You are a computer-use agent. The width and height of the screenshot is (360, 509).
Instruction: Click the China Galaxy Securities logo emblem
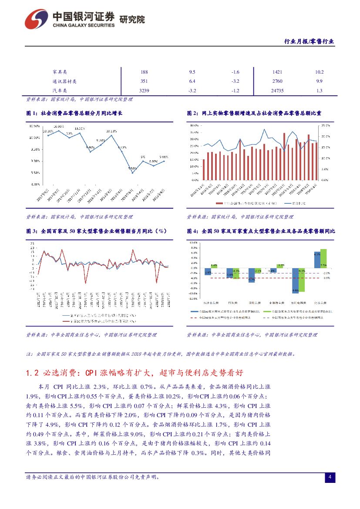pyautogui.click(x=36, y=19)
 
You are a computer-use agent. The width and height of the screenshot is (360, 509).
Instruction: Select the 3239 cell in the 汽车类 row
pyautogui.click(x=144, y=91)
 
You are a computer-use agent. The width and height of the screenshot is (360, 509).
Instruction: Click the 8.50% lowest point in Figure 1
pyautogui.click(x=132, y=173)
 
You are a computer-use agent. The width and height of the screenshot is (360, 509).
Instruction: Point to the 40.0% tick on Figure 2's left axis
pyautogui.click(x=194, y=125)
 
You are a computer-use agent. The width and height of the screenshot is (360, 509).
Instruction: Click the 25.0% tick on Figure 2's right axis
pyautogui.click(x=325, y=125)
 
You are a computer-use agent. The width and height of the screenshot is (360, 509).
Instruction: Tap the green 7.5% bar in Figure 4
pyautogui.click(x=323, y=259)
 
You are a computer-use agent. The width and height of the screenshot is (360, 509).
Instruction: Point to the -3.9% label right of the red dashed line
pyautogui.click(x=326, y=278)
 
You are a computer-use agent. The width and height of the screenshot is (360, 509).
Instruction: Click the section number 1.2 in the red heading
pyautogui.click(x=34, y=373)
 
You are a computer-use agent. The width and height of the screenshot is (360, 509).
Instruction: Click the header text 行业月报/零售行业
pyautogui.click(x=309, y=41)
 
